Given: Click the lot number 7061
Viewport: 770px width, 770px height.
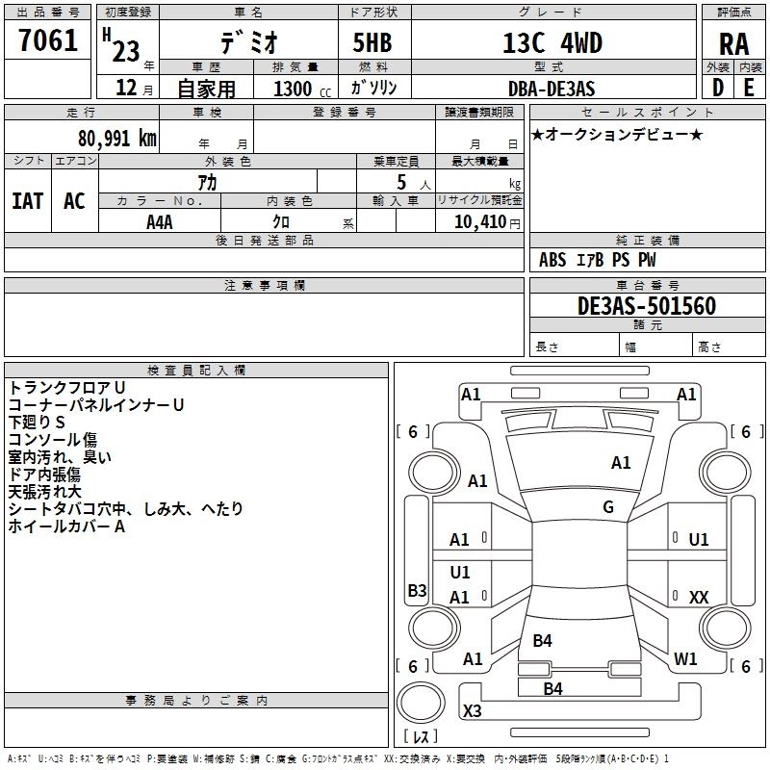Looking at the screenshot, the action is pos(48,39).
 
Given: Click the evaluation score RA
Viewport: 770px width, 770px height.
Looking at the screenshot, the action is pos(734,43).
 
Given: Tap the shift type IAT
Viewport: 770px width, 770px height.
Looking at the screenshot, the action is pos(27,201).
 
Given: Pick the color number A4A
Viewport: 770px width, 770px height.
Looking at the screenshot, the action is pos(160,221).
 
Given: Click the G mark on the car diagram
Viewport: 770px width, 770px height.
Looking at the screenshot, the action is pos(608,507).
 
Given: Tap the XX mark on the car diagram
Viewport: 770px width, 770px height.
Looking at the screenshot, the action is pos(699,598).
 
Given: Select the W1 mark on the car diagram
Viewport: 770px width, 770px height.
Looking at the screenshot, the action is pos(685,659).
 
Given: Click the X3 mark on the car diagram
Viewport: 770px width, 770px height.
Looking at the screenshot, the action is pos(473,711).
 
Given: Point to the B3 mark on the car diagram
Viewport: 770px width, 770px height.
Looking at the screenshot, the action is pos(417,591).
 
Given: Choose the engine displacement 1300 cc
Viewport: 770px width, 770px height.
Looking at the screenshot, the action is pos(295,89).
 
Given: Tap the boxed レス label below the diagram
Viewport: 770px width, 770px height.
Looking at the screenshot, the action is pos(420,737).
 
